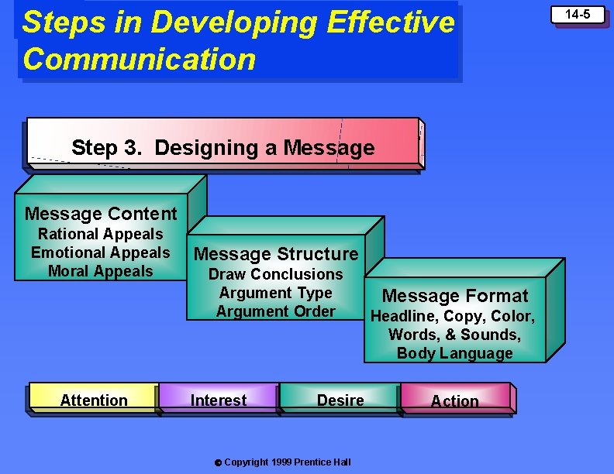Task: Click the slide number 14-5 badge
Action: click(578, 14)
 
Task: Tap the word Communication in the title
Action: click(140, 59)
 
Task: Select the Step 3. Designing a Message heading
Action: click(222, 147)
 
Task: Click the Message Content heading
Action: click(101, 214)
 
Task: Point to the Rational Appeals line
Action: click(101, 234)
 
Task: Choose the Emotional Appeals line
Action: click(100, 252)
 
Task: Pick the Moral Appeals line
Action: click(101, 271)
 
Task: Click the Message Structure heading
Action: click(276, 254)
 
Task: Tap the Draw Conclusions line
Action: click(275, 274)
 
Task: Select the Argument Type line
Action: click(275, 293)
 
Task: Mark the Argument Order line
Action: click(275, 311)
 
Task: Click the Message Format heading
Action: click(455, 296)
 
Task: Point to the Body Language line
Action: click(455, 353)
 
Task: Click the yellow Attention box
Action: click(94, 400)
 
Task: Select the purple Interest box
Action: click(219, 400)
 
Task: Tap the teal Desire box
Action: click(340, 400)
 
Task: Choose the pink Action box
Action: click(455, 400)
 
